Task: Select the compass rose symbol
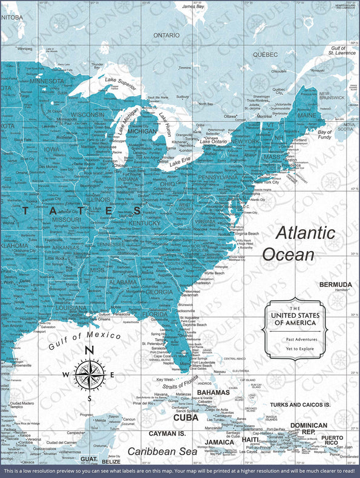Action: point(89,374)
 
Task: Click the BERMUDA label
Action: point(336,284)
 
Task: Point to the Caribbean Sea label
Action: point(162,451)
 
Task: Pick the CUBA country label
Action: point(186,417)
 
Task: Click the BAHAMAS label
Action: point(213,393)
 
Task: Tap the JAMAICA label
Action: point(220,442)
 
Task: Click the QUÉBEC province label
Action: point(265,54)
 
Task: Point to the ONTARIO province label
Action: point(166,36)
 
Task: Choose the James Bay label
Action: point(193,6)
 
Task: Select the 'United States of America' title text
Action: point(293,319)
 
